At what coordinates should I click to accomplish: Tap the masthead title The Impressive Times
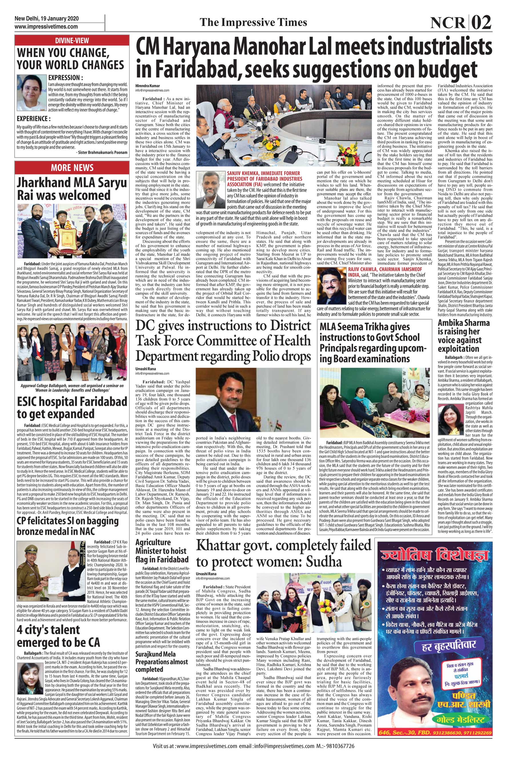coord(253,22)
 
